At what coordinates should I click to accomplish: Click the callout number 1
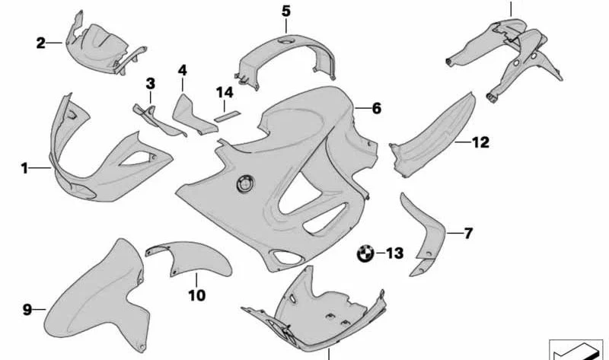point(24,168)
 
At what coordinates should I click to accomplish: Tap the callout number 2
point(41,43)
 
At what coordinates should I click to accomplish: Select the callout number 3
point(150,84)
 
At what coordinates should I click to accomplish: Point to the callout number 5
point(286,11)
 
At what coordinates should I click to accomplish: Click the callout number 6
point(376,108)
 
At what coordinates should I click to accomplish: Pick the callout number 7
point(468,233)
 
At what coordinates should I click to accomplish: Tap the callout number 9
point(27,310)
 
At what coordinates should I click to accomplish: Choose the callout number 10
point(197,295)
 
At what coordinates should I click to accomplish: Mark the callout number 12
point(481,142)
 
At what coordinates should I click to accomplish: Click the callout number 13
point(395,253)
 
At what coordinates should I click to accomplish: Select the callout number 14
point(225,92)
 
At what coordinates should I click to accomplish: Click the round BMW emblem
point(365,254)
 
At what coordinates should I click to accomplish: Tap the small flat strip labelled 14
point(228,116)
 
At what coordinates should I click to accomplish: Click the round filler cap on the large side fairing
point(245,183)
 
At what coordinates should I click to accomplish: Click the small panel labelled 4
point(193,116)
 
